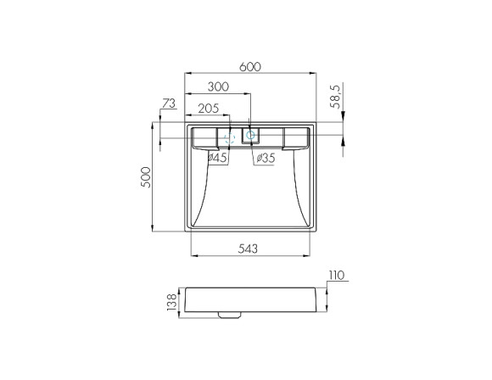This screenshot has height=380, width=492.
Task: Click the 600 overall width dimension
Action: [x=250, y=67]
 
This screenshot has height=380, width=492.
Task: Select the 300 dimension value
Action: [x=218, y=87]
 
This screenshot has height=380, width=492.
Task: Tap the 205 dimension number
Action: [x=209, y=109]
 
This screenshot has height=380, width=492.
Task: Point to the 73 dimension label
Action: [x=169, y=103]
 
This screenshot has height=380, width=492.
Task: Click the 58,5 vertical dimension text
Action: [x=335, y=97]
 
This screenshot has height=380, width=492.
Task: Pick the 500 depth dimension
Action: [x=146, y=177]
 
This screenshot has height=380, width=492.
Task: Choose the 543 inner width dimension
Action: [x=248, y=249]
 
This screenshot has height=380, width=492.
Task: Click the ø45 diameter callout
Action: [x=217, y=158]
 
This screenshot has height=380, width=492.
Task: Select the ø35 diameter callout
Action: [x=266, y=158]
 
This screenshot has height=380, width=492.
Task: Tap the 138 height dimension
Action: [x=172, y=302]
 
